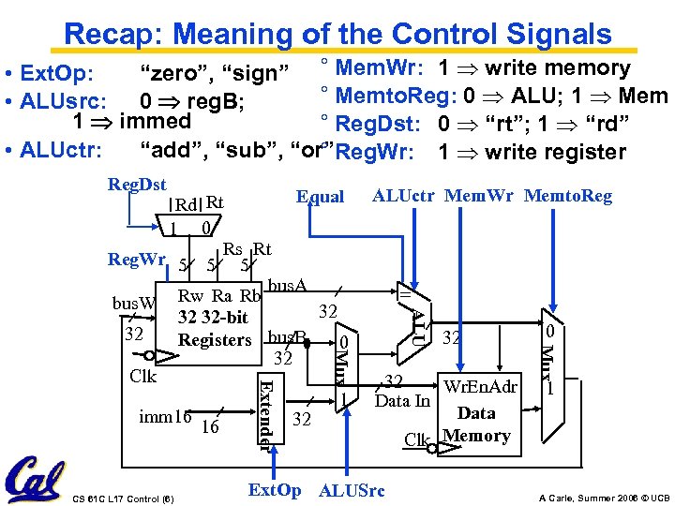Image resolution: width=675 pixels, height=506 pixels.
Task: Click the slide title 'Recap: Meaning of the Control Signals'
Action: coord(337,34)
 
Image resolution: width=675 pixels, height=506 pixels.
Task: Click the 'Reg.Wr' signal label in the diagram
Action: coord(138,259)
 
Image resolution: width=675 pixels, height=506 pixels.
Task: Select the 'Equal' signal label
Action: coord(320,198)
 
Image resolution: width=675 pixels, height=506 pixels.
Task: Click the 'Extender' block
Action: coord(267,413)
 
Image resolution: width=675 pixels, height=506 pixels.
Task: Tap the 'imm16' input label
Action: coord(165,415)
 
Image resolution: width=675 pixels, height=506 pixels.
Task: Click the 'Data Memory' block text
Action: coord(476,424)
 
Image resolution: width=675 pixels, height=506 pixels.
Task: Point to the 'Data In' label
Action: coord(401,401)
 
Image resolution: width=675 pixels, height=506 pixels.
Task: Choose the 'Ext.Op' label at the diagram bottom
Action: coord(274,490)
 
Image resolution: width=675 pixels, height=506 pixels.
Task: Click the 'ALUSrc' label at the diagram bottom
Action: coord(352,490)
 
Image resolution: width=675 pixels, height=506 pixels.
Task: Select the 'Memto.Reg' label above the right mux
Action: coord(567,196)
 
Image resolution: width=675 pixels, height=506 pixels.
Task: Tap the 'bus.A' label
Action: coord(287,284)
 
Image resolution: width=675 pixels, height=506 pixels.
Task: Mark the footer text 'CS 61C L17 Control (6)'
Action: coord(122,497)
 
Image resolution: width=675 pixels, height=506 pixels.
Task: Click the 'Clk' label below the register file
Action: coord(142,377)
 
